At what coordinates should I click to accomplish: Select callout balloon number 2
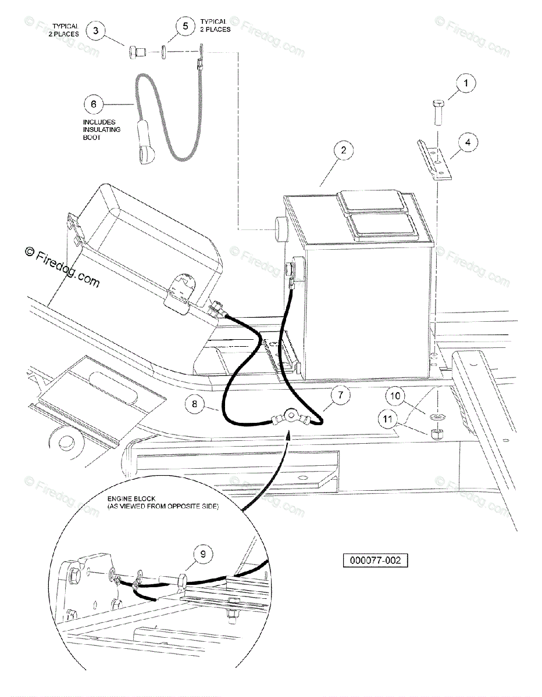tap(344, 150)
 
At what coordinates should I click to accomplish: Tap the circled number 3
tap(97, 30)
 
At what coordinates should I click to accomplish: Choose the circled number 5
tap(186, 27)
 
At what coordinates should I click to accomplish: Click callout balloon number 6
tap(93, 105)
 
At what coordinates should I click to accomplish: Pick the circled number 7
tap(341, 396)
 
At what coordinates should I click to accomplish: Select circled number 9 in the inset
tap(203, 556)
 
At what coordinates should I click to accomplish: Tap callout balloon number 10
tap(396, 397)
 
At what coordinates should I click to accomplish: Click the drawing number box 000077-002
tap(375, 561)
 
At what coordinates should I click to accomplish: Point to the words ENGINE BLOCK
tap(123, 499)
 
